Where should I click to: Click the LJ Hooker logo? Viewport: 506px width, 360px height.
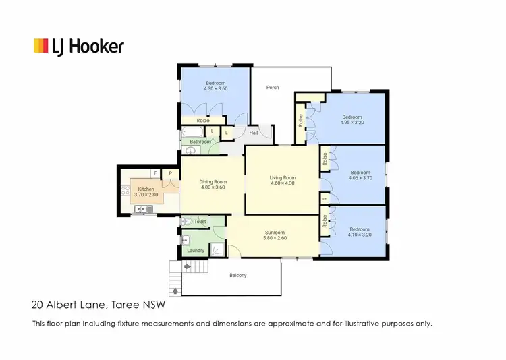[x=78, y=46]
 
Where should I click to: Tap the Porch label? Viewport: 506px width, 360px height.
[x=273, y=88]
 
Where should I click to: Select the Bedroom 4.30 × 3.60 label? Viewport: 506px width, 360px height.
[x=216, y=86]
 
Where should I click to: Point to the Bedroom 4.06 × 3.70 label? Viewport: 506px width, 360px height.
[x=360, y=175]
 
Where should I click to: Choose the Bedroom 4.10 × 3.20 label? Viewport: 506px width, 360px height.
[x=360, y=233]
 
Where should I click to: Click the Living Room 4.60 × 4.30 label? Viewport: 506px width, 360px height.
[x=283, y=181]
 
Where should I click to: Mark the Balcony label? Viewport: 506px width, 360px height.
[x=237, y=275]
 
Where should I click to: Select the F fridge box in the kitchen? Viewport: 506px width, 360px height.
[x=154, y=173]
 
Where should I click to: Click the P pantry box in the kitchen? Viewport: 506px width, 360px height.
[x=171, y=173]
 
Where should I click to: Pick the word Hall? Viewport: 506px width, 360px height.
[x=254, y=133]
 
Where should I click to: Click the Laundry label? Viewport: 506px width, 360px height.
[x=196, y=251]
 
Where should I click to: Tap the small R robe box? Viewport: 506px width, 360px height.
[x=325, y=200]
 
